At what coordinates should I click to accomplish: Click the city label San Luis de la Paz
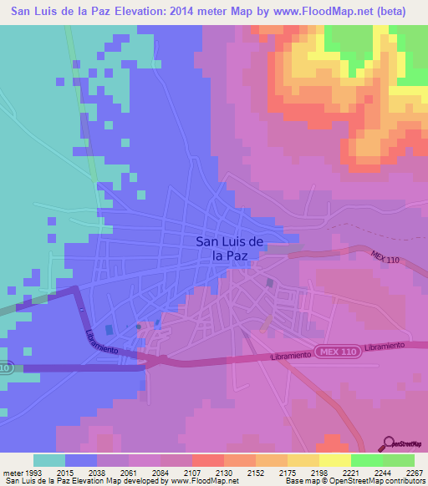point(231,249)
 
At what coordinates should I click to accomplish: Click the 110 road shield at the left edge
point(7,367)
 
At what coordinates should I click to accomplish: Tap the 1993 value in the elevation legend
point(33,473)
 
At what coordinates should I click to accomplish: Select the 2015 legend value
point(65,473)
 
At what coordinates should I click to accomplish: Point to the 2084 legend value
point(160,473)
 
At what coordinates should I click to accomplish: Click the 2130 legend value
point(224,473)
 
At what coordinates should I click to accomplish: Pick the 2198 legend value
point(319,473)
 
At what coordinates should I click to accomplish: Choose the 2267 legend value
point(414,473)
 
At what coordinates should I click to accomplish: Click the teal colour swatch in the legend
point(49,460)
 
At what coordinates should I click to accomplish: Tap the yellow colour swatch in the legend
point(335,460)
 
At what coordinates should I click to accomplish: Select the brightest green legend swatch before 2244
point(367,460)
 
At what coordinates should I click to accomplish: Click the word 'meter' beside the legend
point(12,473)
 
